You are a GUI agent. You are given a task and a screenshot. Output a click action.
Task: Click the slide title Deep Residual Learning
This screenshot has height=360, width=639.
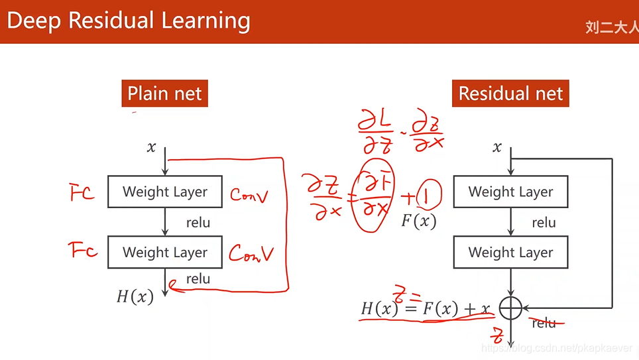[x=129, y=21]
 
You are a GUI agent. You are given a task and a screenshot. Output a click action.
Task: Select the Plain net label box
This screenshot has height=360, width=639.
[x=164, y=93]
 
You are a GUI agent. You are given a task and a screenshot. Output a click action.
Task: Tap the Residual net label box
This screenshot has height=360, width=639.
[x=510, y=93]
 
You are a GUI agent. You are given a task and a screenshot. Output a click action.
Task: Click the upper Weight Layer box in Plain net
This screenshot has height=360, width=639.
[x=165, y=192]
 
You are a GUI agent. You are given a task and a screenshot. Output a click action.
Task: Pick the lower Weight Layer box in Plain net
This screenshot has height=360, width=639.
[x=165, y=253]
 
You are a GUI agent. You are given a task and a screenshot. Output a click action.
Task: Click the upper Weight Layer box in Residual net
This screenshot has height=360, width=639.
[x=510, y=192]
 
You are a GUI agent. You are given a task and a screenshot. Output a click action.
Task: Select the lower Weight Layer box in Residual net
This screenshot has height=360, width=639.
[x=510, y=253]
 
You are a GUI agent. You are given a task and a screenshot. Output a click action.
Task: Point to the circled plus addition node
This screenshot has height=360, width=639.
[x=510, y=308]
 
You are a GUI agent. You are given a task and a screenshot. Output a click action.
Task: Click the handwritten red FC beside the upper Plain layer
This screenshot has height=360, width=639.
[x=82, y=193]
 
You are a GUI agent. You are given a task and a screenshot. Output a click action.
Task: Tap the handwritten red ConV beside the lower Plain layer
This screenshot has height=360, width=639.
[x=251, y=253]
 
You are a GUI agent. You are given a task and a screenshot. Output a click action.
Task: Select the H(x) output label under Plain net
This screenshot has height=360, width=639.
[x=135, y=296]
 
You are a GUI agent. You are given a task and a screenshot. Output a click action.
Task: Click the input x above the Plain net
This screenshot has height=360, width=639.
[x=151, y=147]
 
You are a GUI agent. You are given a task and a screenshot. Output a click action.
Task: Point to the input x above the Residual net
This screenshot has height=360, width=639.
[x=497, y=147]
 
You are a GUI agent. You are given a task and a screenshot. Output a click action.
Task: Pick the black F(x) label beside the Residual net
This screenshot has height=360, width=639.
[x=419, y=221]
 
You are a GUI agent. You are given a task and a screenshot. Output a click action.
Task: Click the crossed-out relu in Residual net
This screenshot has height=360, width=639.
[x=544, y=323]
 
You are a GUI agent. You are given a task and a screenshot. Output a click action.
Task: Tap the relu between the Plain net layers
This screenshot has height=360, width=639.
[x=198, y=223]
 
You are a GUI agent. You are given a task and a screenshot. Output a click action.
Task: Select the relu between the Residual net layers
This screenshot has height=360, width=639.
[x=544, y=223]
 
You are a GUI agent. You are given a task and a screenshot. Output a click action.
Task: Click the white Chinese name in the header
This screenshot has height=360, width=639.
[x=611, y=27]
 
